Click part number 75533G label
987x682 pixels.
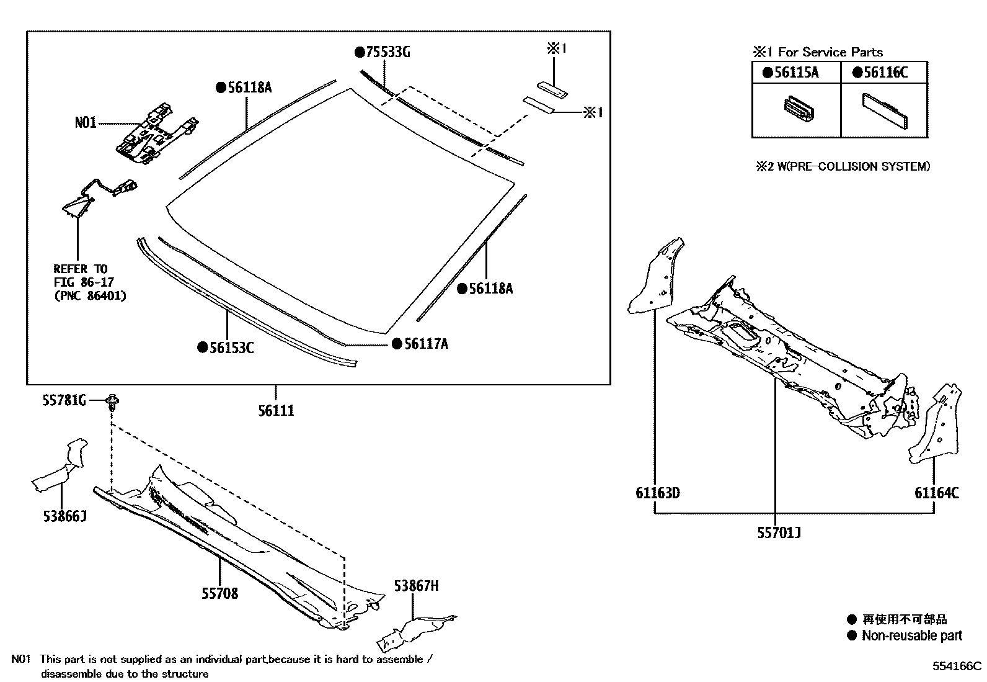pos(387,52)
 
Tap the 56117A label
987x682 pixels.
pos(425,344)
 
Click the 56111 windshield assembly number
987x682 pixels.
pos(276,411)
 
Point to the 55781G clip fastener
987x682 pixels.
pos(113,403)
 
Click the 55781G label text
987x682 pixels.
pos(64,402)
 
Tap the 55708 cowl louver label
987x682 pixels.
pos(219,594)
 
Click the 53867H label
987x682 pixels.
pos(417,586)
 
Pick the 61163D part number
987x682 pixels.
pos(657,493)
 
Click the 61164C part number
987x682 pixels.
pos(936,493)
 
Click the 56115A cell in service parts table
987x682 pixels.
pos(795,73)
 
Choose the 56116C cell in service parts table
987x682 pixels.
pos(885,73)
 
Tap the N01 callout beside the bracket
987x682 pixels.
pos(86,123)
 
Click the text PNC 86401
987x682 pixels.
pos(90,296)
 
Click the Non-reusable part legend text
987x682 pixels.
pos(911,635)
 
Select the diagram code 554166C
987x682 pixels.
pos(957,666)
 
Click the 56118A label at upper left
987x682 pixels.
pos(249,87)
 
